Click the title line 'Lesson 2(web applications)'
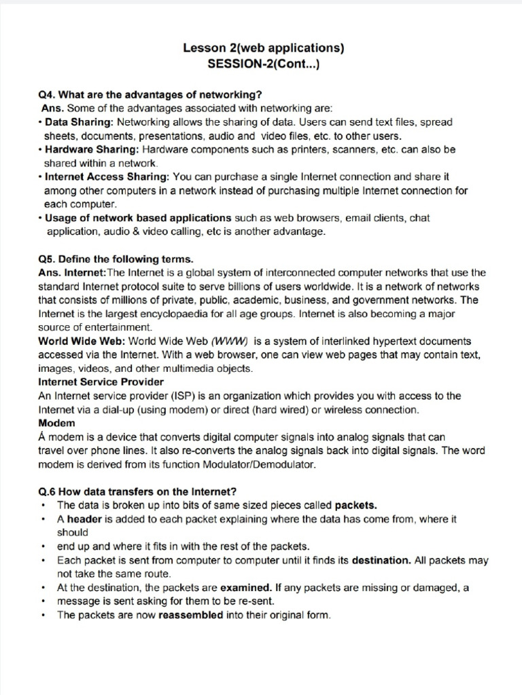point(264,48)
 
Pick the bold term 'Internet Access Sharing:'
point(105,177)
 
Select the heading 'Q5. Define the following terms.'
point(116,259)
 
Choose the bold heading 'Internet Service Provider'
point(101,381)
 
